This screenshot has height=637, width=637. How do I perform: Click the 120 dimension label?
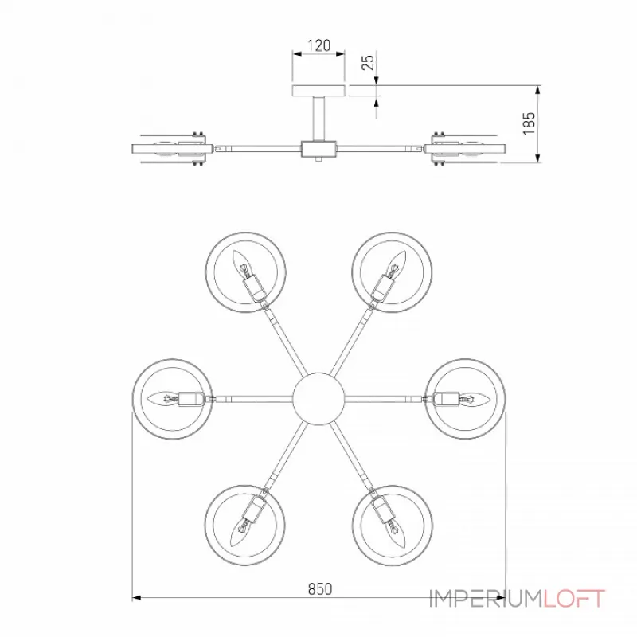click(x=319, y=45)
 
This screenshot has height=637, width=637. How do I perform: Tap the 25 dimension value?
click(x=368, y=62)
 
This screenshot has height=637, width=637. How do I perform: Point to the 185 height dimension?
click(x=529, y=123)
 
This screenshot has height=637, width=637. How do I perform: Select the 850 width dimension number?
click(x=320, y=588)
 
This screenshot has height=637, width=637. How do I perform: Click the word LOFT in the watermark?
click(x=574, y=599)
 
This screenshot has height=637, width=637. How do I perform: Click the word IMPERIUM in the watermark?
click(x=487, y=599)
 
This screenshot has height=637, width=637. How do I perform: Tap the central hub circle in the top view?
click(x=318, y=399)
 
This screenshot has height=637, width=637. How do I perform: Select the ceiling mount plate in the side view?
click(x=319, y=91)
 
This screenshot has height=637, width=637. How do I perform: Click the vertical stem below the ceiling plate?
click(x=318, y=119)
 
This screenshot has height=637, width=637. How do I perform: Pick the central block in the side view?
click(x=318, y=149)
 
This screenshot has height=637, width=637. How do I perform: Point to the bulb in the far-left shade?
click(x=163, y=399)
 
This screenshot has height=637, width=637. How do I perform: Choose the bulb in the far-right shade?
click(x=475, y=399)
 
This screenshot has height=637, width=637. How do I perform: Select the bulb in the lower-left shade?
click(x=240, y=533)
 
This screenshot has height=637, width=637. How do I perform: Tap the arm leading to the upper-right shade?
click(x=350, y=342)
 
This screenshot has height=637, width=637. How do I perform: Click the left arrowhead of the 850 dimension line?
click(x=136, y=598)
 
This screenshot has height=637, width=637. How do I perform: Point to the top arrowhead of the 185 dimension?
click(x=537, y=90)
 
